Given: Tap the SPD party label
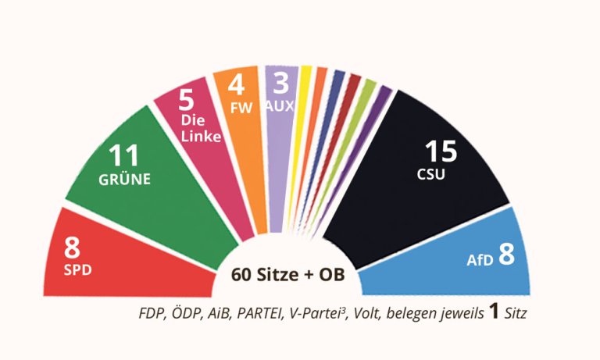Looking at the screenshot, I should click(x=77, y=272).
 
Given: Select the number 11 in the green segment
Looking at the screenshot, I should click(x=125, y=155).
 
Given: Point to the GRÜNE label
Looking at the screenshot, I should click(x=124, y=179).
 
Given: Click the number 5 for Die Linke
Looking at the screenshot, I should click(x=187, y=102).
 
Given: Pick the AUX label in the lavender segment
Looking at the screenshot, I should click(x=279, y=105).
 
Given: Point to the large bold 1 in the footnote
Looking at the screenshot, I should click(x=494, y=312).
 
